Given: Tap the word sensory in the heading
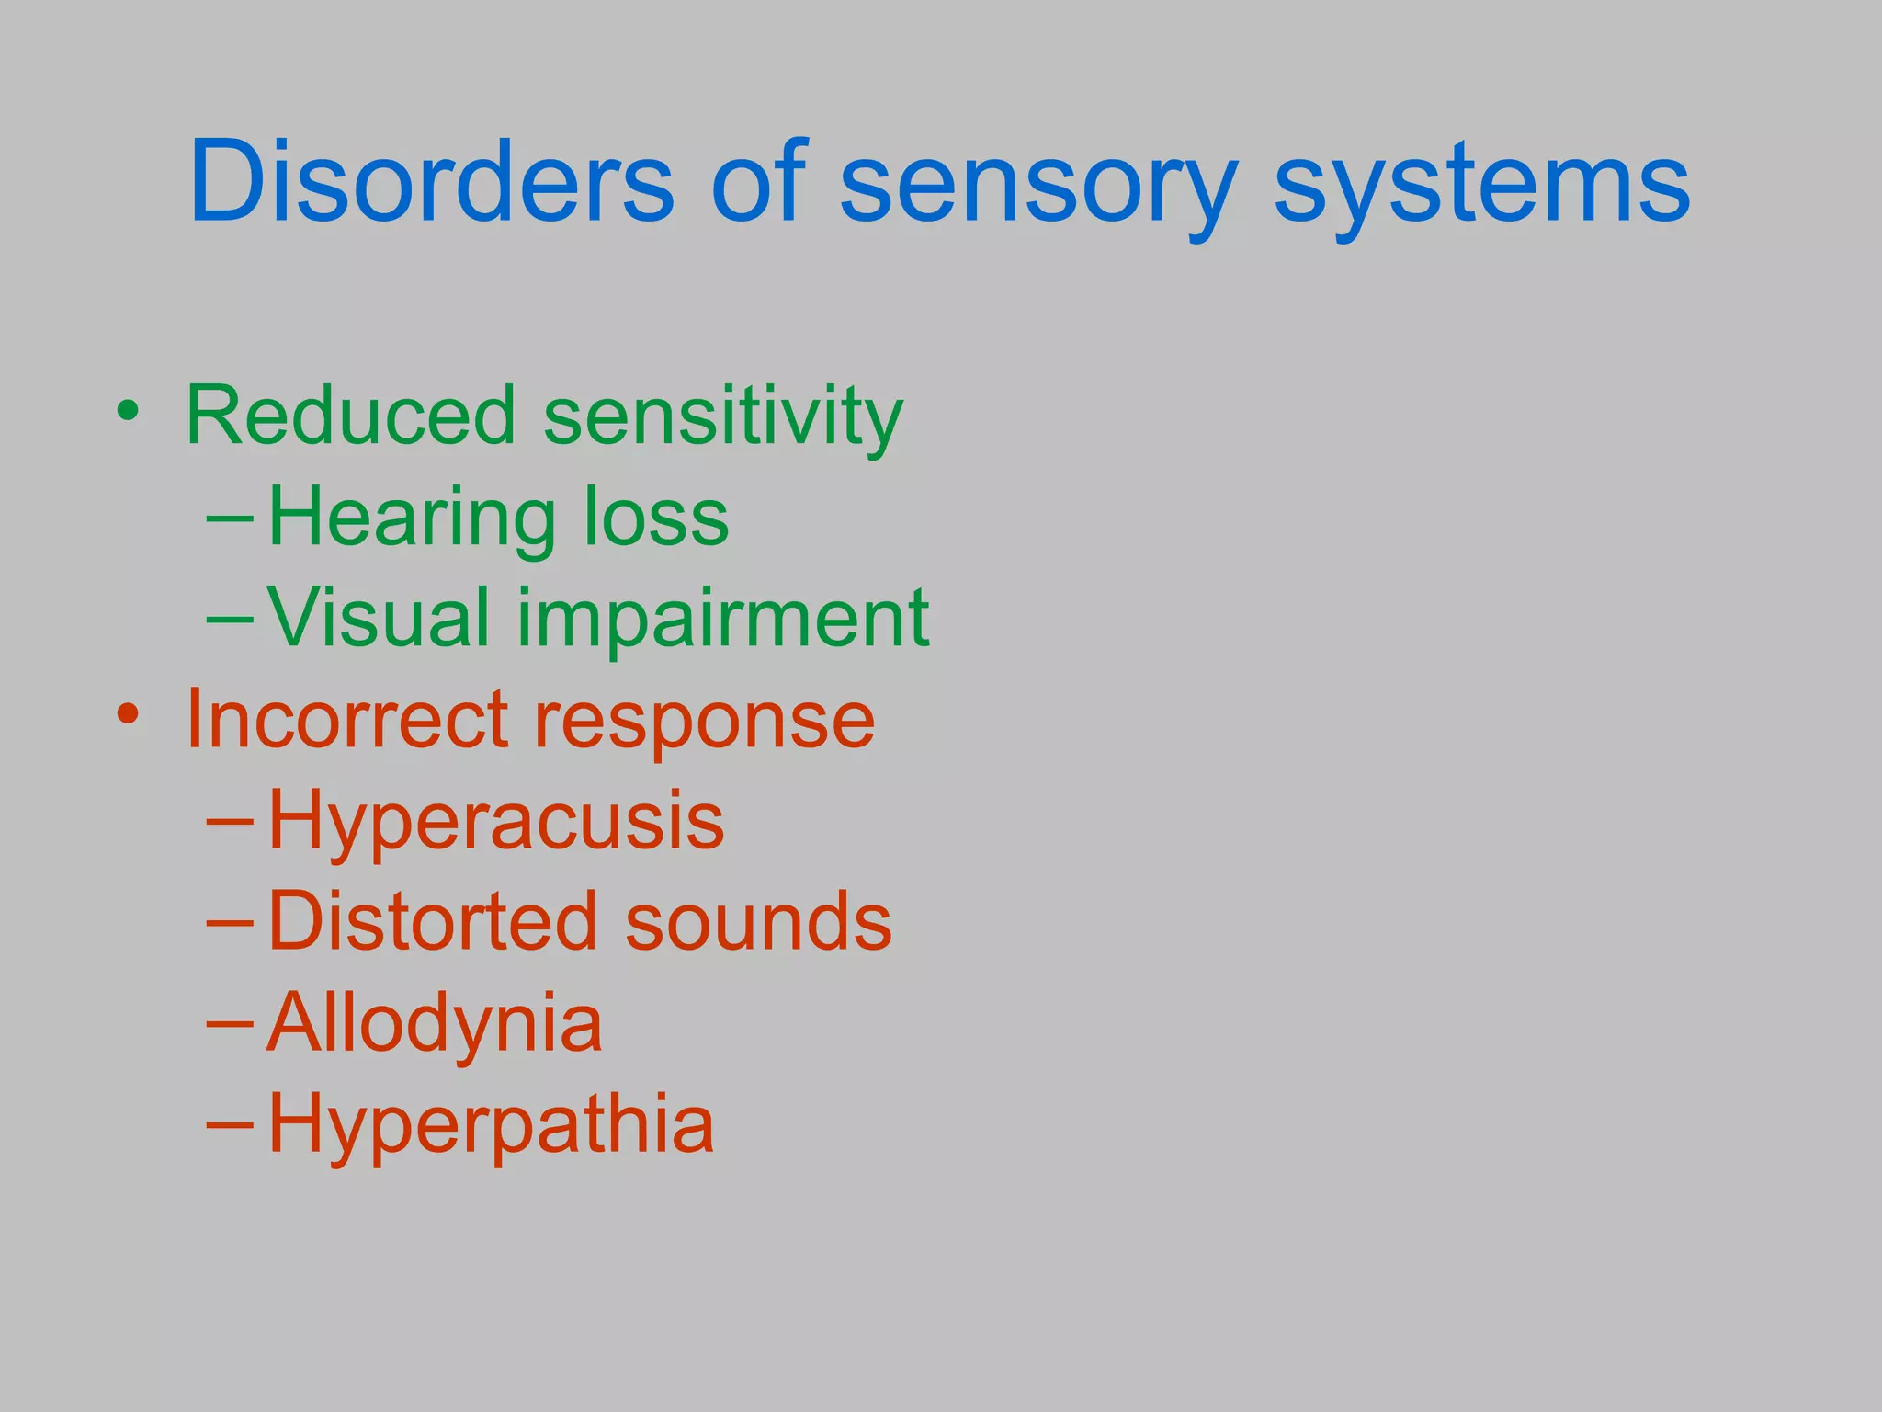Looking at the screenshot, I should pyautogui.click(x=1038, y=188).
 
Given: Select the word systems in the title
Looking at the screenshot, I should pyautogui.click(x=1481, y=188).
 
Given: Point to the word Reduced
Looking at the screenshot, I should pyautogui.click(x=350, y=416).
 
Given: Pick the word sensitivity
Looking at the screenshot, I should pyautogui.click(x=723, y=419).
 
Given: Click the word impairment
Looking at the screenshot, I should pyautogui.click(x=723, y=621).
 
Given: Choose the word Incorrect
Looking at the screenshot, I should pyautogui.click(x=346, y=719).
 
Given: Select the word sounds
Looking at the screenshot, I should pyautogui.click(x=758, y=922).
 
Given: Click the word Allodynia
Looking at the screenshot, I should pyautogui.click(x=435, y=1025).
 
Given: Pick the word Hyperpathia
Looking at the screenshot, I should pyautogui.click(x=491, y=1126).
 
